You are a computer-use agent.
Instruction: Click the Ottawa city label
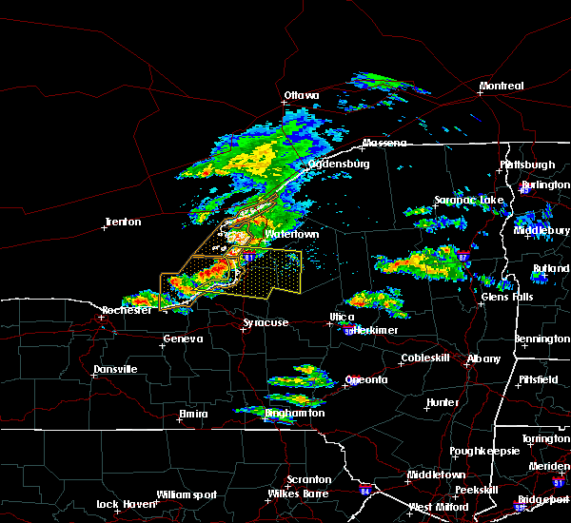coord(302,96)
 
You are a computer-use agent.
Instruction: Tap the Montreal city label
coord(501,87)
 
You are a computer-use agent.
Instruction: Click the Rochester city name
coord(128,311)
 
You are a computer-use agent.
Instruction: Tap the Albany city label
coord(483,358)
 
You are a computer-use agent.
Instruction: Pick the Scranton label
coord(309,480)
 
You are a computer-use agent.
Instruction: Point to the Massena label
coord(384,144)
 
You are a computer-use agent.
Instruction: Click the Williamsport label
coord(187,494)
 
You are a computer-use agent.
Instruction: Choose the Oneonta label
coord(366,380)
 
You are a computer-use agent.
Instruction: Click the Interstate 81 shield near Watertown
coord(247,257)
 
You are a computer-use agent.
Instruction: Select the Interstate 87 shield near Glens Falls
coord(462,257)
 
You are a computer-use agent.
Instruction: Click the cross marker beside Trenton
coord(106,228)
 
